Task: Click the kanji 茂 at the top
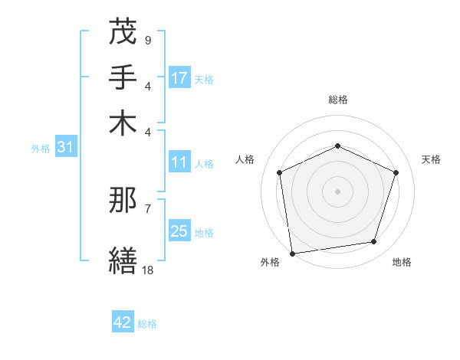123,33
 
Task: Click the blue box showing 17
179,78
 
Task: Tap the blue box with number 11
179,162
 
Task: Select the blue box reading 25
179,231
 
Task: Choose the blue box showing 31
65,148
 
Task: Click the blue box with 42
123,322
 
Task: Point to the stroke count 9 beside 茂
147,40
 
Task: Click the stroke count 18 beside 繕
147,270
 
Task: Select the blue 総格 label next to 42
147,324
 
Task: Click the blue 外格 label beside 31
41,149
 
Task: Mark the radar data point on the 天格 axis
396,172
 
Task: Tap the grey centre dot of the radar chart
337,191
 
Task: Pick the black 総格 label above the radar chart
337,100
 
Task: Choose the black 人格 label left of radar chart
245,159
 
